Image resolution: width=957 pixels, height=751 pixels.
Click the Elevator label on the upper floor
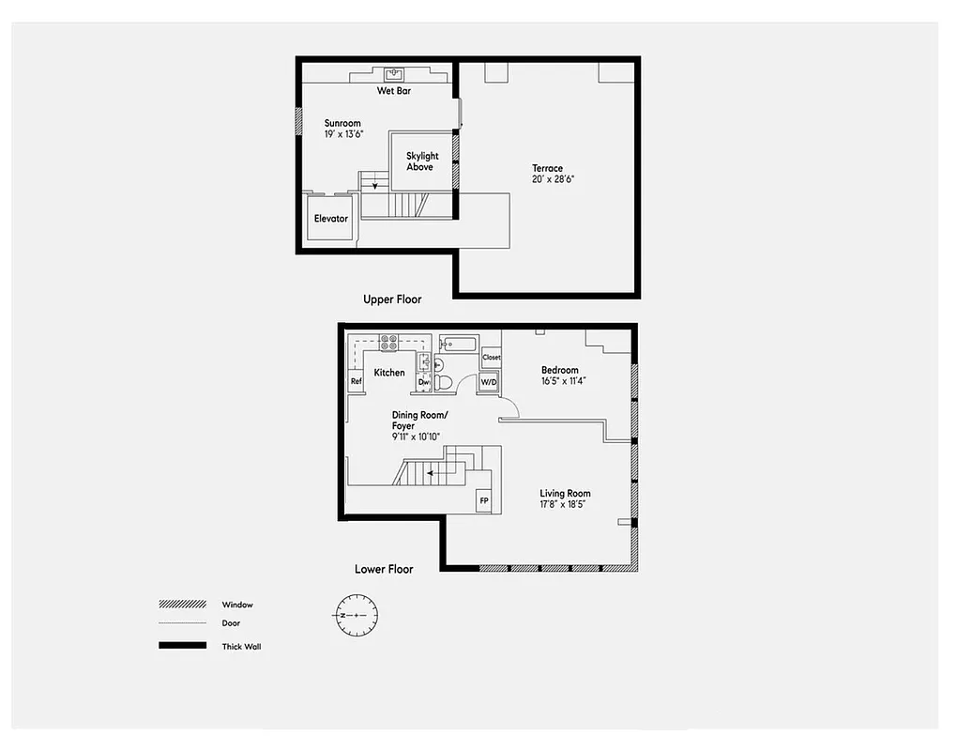pos(331,219)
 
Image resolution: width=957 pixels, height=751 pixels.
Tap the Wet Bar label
pos(394,91)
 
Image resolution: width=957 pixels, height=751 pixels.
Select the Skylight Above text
pos(421,161)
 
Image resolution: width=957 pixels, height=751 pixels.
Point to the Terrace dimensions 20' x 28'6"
pos(548,178)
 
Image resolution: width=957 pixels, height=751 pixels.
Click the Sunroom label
pos(342,123)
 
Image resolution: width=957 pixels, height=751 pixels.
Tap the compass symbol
pos(357,615)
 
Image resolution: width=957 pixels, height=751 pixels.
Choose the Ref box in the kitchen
pos(357,381)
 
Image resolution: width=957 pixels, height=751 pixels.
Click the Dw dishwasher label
pos(423,382)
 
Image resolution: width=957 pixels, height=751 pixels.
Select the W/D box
pos(489,382)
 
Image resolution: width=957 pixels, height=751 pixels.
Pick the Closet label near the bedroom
pos(492,358)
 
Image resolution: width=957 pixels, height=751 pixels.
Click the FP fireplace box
pos(484,501)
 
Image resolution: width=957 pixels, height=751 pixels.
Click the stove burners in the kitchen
pos(388,342)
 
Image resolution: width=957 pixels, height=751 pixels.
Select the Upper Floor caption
pos(392,299)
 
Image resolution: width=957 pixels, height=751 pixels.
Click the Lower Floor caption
pos(384,569)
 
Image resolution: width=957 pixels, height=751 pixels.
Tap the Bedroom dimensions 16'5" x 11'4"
pos(563,381)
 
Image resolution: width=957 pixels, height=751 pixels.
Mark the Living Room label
pos(565,494)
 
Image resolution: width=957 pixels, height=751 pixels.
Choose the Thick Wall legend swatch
pos(182,646)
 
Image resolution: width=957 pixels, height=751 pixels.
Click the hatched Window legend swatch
pos(182,605)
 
